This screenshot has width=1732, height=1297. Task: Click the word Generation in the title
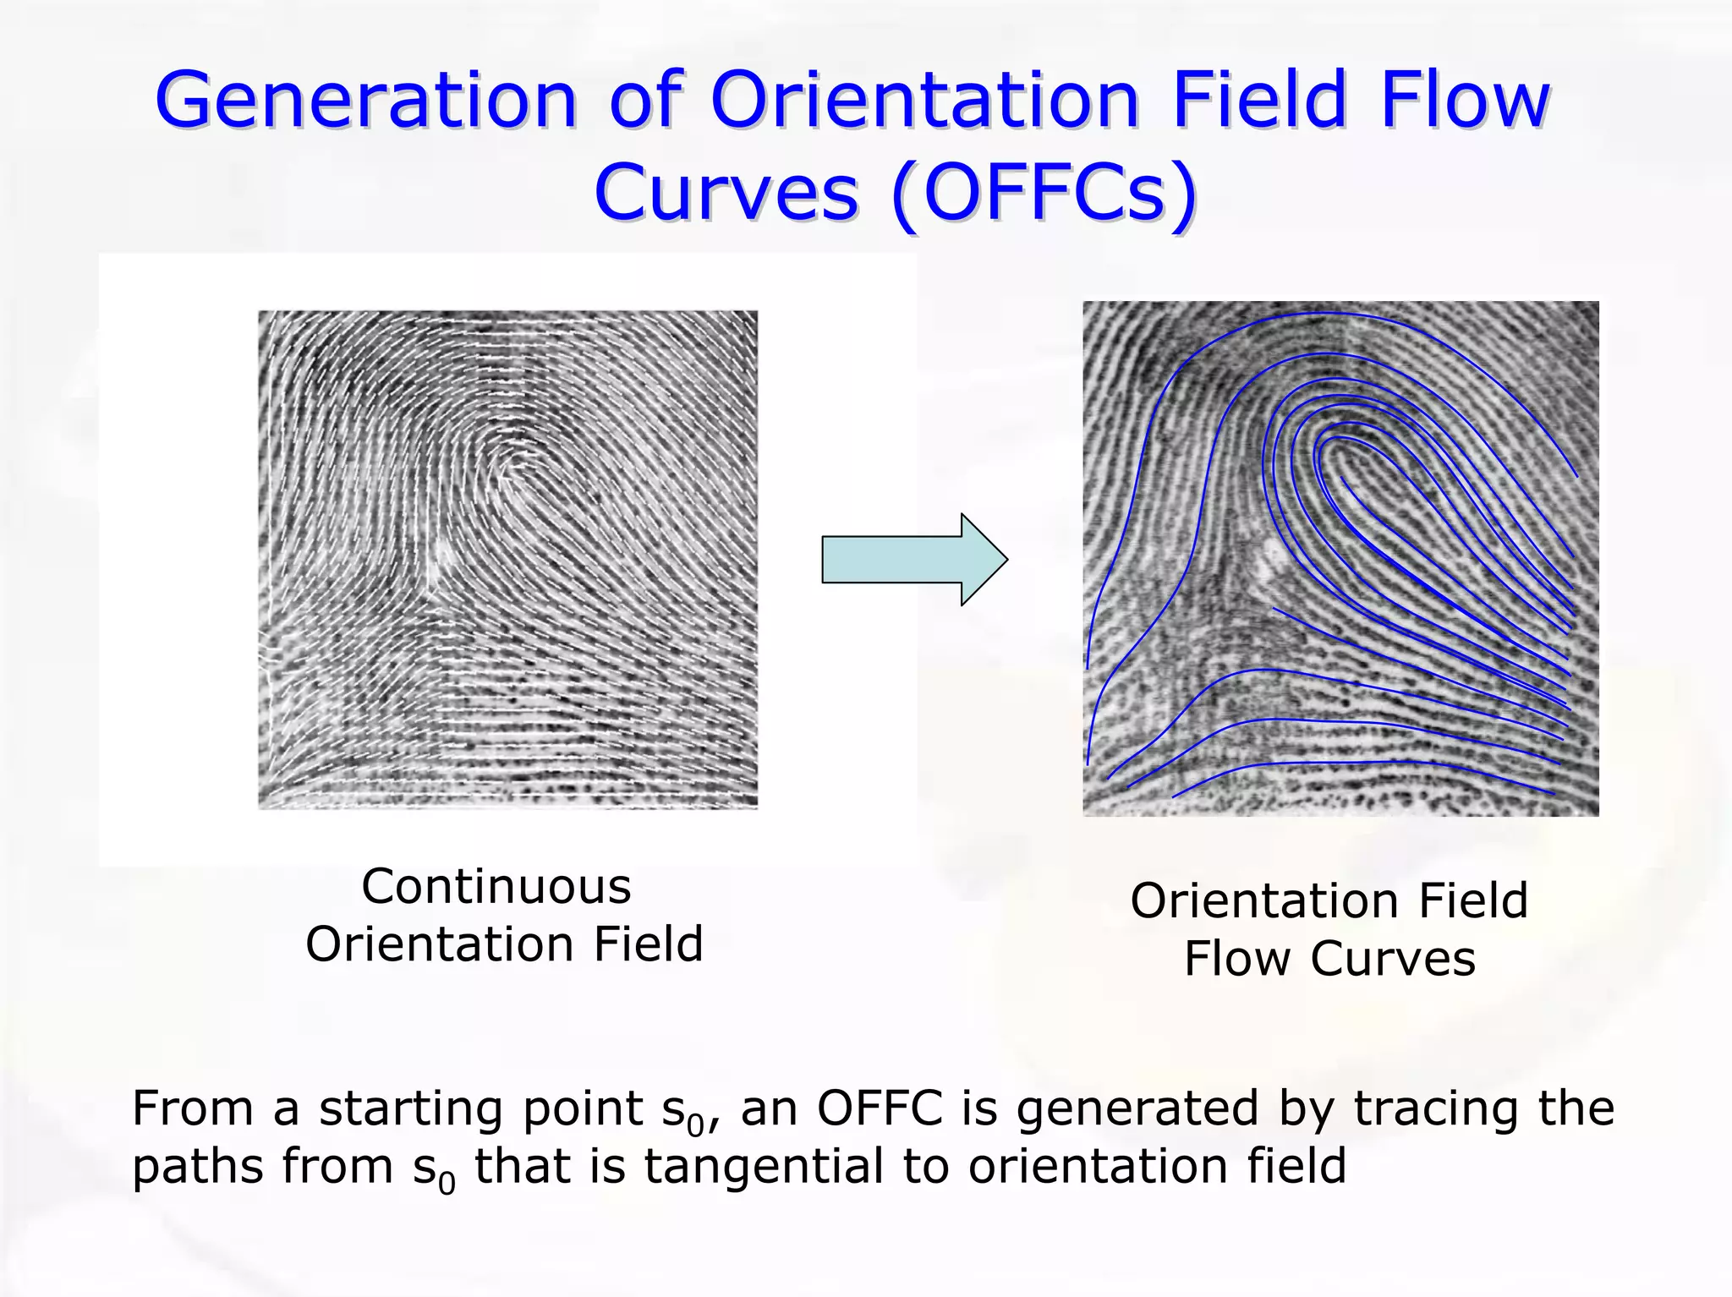364,101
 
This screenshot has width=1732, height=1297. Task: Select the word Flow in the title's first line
1464,101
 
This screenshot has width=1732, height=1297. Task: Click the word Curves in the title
726,193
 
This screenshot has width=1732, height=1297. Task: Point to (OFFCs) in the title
1044,193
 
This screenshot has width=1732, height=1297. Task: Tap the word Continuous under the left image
496,887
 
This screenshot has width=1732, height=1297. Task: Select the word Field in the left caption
648,944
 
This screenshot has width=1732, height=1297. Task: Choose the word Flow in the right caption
1236,959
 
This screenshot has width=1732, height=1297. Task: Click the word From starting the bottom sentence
193,1108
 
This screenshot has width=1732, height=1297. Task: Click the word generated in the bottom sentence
1137,1110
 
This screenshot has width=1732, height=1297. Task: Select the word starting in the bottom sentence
409,1110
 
